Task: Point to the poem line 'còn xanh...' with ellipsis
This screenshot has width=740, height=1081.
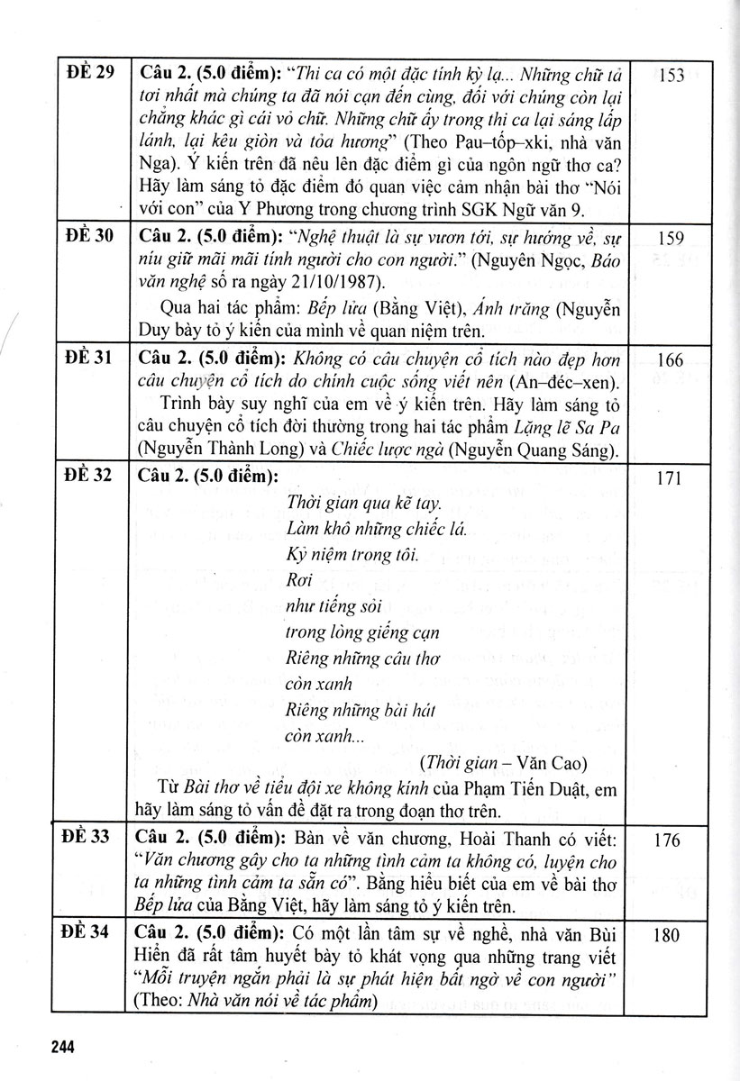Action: (324, 735)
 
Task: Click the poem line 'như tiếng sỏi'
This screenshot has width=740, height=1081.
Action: (327, 604)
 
